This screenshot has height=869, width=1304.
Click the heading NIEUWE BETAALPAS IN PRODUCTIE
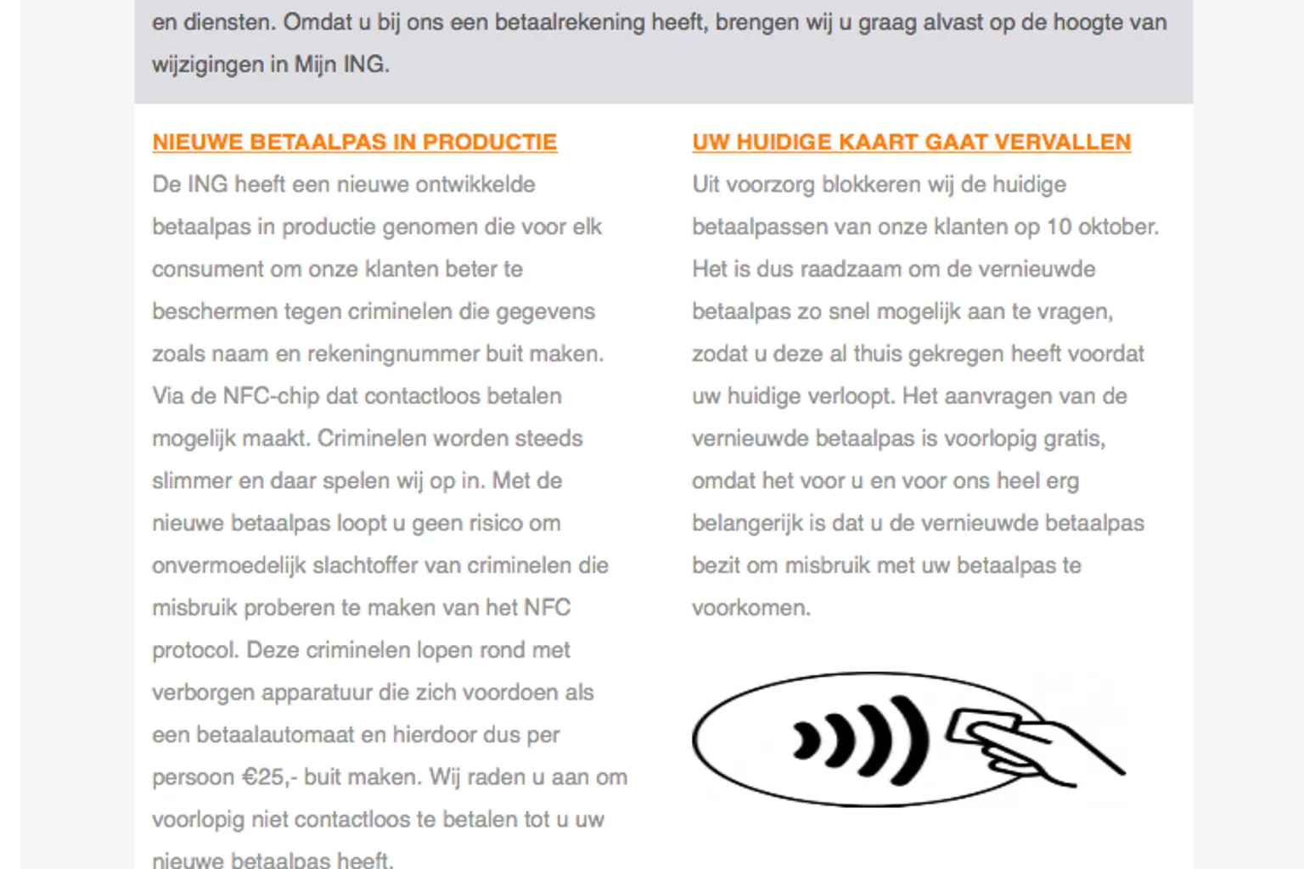354,142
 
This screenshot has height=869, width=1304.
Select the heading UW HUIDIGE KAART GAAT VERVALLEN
911,142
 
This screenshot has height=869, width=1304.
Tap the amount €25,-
269,777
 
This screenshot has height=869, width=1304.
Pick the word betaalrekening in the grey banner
570,22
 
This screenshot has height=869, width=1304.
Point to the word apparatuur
318,692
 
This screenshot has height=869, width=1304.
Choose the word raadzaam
850,269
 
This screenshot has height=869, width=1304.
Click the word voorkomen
750,608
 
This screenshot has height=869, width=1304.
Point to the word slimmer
192,481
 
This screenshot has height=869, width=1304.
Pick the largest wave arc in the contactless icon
913,739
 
